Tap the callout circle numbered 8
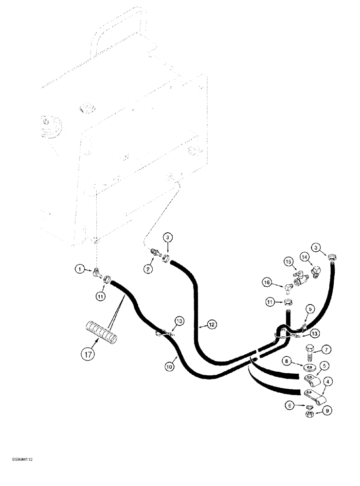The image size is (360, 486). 288,361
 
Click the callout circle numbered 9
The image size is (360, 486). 327,411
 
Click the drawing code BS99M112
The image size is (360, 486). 19,458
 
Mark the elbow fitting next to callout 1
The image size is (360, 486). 98,275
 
